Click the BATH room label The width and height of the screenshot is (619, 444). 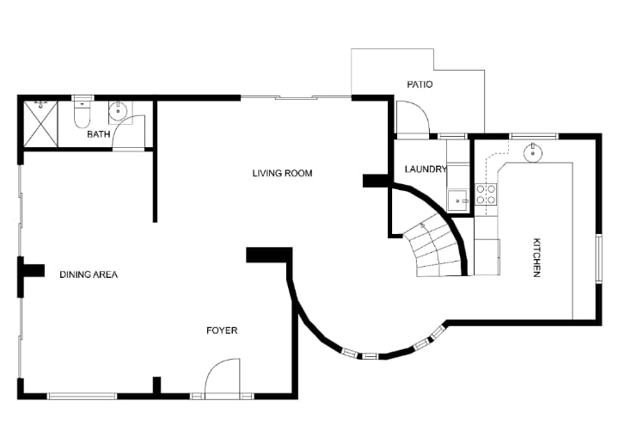(98, 134)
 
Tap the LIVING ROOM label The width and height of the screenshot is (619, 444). (282, 173)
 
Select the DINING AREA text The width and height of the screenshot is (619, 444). (89, 274)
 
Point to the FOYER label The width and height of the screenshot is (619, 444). (222, 330)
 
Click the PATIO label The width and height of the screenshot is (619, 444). (420, 84)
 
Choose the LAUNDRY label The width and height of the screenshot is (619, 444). (426, 169)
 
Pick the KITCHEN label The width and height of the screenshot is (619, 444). (536, 257)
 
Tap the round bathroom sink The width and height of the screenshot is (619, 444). (118, 111)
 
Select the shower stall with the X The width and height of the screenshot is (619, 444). (41, 124)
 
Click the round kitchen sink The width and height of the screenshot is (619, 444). (532, 152)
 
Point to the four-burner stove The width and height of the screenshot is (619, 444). (486, 194)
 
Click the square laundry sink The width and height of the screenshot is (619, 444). (458, 200)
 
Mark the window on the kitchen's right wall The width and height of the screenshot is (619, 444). (599, 258)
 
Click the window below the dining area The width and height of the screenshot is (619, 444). (83, 396)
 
